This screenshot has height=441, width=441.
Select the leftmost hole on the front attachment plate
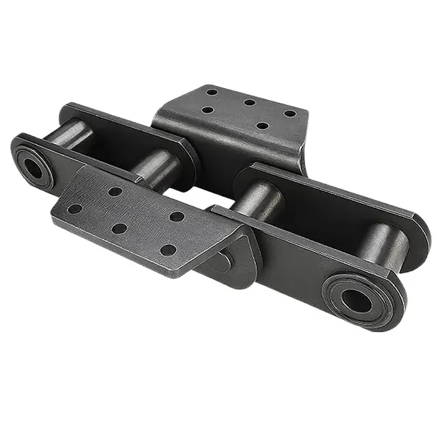[74, 209]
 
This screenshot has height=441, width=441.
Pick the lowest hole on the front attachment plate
[168, 250]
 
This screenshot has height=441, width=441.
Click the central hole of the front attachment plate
[119, 229]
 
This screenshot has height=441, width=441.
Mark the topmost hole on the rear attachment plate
[212, 93]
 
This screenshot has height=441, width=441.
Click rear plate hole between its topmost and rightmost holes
[250, 102]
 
